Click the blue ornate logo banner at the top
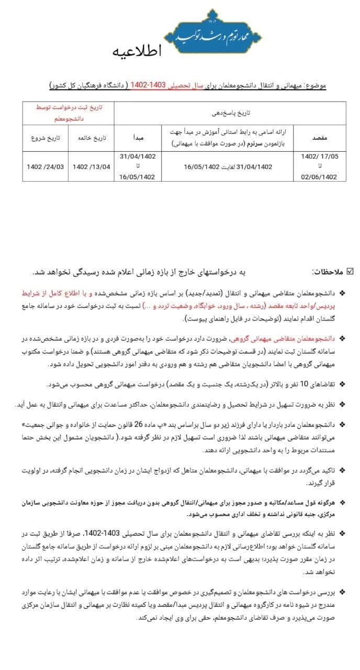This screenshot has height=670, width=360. click(x=212, y=33)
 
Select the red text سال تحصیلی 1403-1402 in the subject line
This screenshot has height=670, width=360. click(x=157, y=85)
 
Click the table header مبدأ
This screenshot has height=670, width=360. click(x=138, y=137)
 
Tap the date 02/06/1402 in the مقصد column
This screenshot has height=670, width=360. click(x=320, y=177)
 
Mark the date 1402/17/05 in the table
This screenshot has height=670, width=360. click(x=320, y=156)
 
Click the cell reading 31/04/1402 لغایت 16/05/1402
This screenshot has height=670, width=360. click(x=228, y=166)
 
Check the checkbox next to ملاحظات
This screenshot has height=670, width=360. click(x=350, y=271)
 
